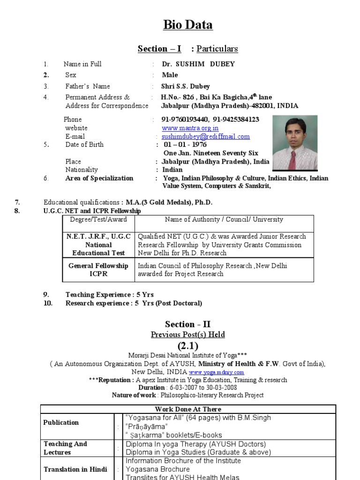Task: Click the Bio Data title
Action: [x=187, y=25]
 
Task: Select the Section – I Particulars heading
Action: [x=187, y=49]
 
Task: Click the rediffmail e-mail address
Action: [x=206, y=136]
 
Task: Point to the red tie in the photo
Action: [x=293, y=160]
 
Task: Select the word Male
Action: [x=170, y=75]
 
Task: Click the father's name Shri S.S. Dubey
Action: [x=186, y=86]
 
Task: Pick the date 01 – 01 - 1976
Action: [x=185, y=145]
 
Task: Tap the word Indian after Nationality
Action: [x=172, y=170]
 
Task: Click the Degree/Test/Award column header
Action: [x=98, y=219]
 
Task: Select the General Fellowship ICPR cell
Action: [x=98, y=270]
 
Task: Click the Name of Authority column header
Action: [x=224, y=219]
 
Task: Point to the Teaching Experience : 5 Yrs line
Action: [x=109, y=295]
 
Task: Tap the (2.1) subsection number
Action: [x=187, y=346]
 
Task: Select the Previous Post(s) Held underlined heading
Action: [x=187, y=335]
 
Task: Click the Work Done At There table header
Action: [x=187, y=409]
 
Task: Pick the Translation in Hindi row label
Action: [x=75, y=469]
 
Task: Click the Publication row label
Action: [x=61, y=422]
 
